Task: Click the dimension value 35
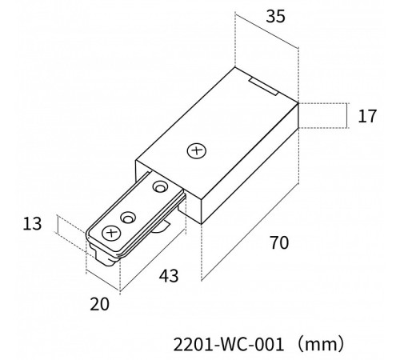click(275, 16)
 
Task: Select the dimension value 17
click(367, 116)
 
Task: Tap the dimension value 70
click(279, 242)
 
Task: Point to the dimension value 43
click(169, 276)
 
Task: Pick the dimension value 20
click(99, 304)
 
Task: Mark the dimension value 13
click(32, 224)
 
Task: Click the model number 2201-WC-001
click(228, 345)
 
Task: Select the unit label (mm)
click(321, 344)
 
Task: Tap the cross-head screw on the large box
click(197, 151)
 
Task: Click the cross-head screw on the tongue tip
click(111, 234)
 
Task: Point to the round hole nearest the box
click(160, 187)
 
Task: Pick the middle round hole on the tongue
click(128, 218)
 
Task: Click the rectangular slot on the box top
click(263, 86)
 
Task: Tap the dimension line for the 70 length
click(250, 232)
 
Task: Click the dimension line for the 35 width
click(266, 30)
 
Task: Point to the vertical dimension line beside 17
click(347, 115)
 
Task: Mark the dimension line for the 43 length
click(153, 260)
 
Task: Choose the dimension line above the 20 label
click(102, 282)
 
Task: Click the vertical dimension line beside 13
click(58, 224)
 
